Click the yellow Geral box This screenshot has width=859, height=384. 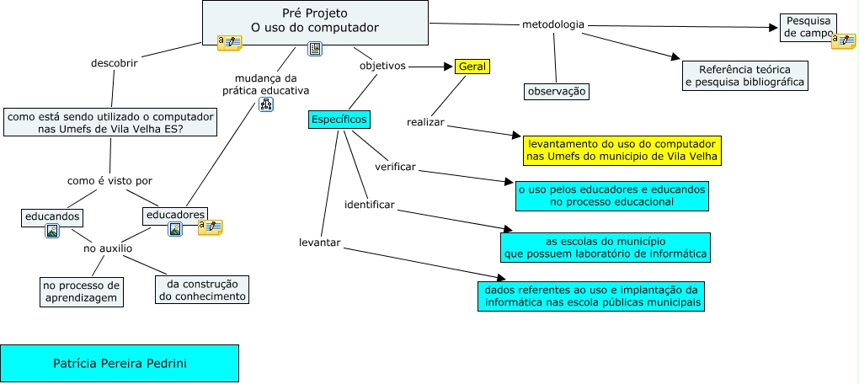pos(472,67)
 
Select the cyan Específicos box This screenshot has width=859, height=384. pos(339,120)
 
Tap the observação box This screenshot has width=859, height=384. pos(556,91)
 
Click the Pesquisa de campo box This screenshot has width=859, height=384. pos(808,27)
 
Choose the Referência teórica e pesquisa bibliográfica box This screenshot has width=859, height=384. pos(744,76)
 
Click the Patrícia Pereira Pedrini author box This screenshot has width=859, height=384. pos(120,363)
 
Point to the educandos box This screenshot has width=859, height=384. pos(52,216)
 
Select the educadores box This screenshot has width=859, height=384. pos(175,215)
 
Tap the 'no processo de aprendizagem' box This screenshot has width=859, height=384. pos(83,291)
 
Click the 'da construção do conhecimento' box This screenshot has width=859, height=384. pos(202,290)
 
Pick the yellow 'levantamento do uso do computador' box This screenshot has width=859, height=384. pos(622,150)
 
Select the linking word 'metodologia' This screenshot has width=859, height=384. pos(553,24)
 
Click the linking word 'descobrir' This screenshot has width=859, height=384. pos(114,61)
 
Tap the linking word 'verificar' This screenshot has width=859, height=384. pos(396,167)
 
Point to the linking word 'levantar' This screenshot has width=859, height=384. pos(319,243)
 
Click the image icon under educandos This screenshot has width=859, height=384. pos(52,231)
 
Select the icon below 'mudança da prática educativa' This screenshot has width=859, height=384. pos(266,104)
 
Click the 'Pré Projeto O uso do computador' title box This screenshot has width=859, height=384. pos(315,21)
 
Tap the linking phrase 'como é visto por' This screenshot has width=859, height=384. pos(109,180)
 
